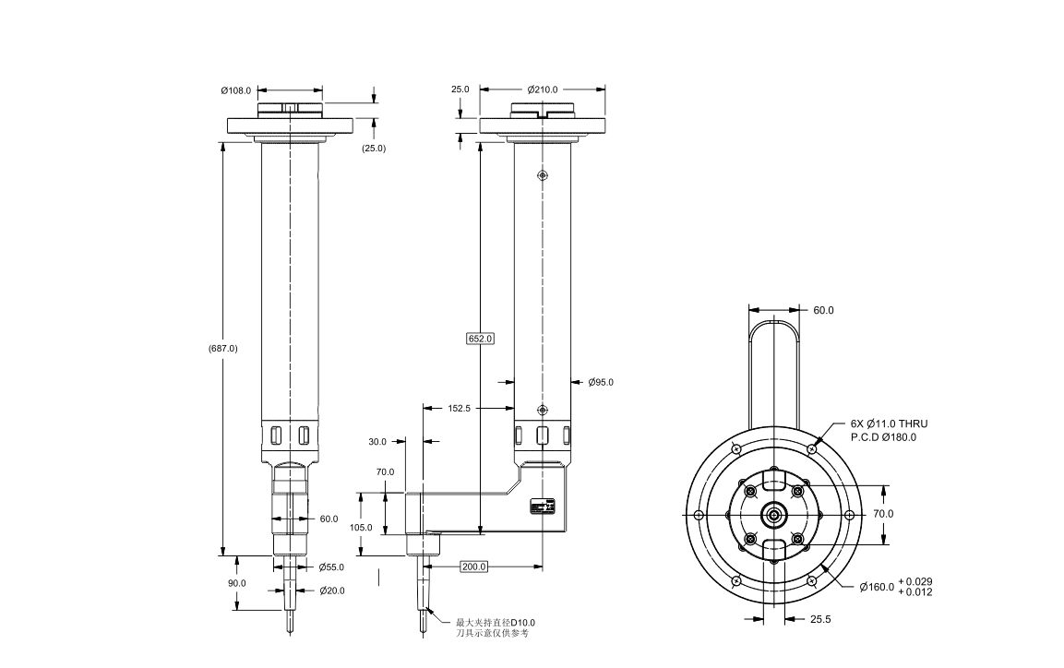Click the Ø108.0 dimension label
[235, 90]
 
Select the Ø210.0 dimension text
[543, 89]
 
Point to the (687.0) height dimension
[223, 349]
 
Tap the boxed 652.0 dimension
[481, 339]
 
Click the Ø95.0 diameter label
[601, 383]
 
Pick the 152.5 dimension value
[459, 408]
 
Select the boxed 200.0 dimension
[473, 567]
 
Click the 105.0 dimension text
[361, 528]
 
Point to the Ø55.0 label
[332, 567]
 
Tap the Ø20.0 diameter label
[332, 590]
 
